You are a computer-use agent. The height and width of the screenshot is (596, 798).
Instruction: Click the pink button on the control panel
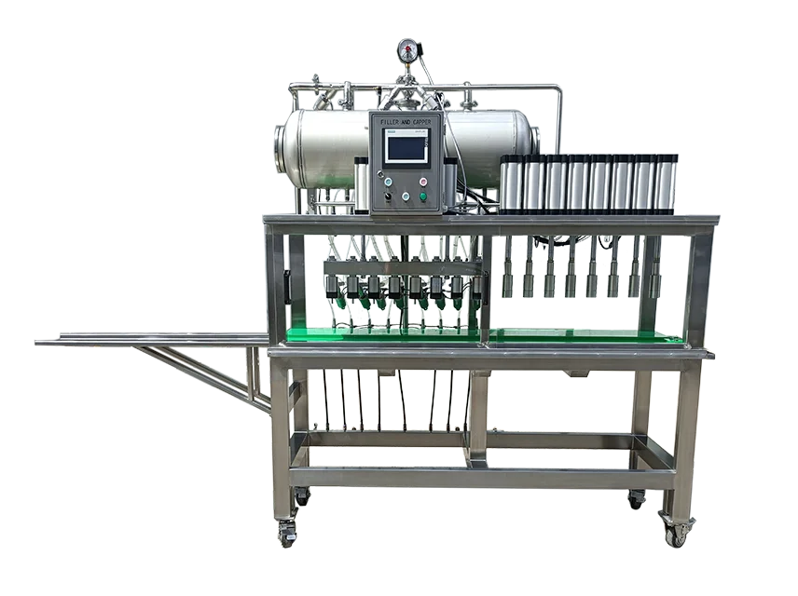pos(422,182)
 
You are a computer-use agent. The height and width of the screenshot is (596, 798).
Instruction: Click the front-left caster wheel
pos(285,535)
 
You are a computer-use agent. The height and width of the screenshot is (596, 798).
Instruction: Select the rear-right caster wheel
pos(636,500)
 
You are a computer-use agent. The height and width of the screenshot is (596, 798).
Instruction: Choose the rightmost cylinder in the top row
pos(666,183)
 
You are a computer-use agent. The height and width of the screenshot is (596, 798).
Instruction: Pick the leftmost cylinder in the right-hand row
pos(510,183)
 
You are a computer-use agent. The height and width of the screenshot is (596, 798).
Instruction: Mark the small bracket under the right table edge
pos(579,373)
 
